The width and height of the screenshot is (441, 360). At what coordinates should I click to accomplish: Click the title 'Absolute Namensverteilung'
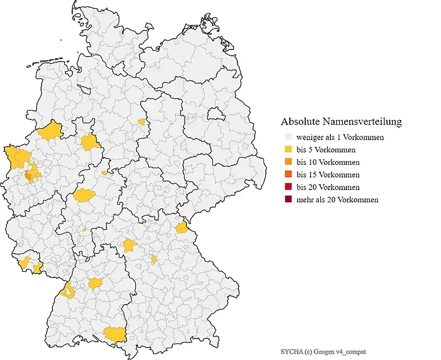tap(341, 122)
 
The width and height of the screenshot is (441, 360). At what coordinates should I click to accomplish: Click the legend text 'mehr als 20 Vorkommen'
tap(337, 199)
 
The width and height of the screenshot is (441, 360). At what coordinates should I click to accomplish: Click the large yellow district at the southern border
tap(115, 334)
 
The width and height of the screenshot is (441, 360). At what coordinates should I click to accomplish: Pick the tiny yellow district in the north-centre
tap(141, 122)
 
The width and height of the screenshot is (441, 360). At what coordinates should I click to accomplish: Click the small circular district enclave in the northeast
tap(213, 112)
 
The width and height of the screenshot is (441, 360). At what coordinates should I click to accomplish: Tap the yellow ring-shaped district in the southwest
tap(70, 289)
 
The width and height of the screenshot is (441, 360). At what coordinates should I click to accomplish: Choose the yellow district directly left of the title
tap(141, 122)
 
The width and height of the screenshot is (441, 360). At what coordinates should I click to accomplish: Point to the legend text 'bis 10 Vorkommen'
tap(328, 162)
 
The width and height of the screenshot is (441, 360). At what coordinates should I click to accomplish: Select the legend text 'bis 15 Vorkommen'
tap(328, 175)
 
